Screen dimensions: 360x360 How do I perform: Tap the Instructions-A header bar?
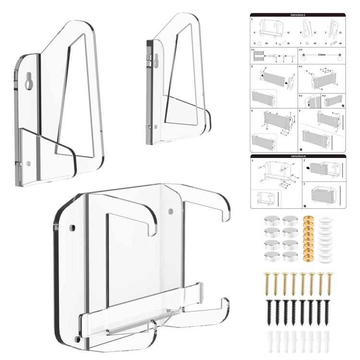(298, 15)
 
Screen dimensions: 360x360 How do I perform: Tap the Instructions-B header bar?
(298, 156)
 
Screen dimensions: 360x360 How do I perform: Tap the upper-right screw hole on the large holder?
(170, 210)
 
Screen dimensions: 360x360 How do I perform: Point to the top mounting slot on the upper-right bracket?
(155, 59)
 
